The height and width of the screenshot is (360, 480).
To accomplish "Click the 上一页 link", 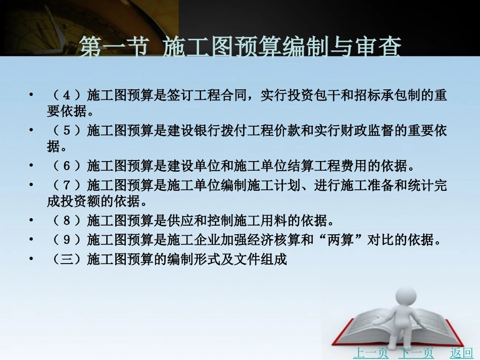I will pyautogui.click(x=370, y=353).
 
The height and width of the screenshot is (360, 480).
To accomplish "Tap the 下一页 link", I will pyautogui.click(x=416, y=353).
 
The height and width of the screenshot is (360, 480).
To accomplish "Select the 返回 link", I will pyautogui.click(x=461, y=353).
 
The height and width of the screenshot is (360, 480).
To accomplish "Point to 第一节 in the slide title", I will pyautogui.click(x=113, y=49).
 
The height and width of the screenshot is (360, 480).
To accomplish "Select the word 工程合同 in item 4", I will pyautogui.click(x=227, y=95).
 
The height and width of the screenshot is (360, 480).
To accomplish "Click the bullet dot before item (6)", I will pyautogui.click(x=32, y=166).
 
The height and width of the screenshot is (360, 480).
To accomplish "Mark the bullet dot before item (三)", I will pyautogui.click(x=32, y=259).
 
